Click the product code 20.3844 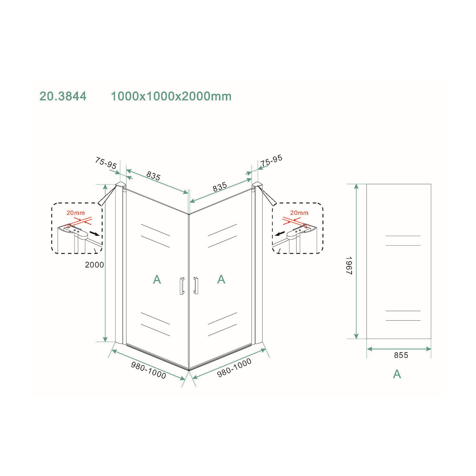tap(63, 96)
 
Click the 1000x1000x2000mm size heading tap(171, 96)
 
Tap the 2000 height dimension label tap(94, 265)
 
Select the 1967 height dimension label tap(349, 265)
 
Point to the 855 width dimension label tap(401, 355)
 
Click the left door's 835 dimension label tap(154, 176)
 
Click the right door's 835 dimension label tap(220, 187)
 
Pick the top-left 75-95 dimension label tap(106, 163)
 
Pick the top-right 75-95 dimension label tap(271, 161)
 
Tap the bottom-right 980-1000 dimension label tap(234, 368)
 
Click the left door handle tap(182, 286)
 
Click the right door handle tap(196, 286)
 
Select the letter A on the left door tap(157, 280)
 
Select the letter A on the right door tap(221, 279)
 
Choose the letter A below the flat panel tap(397, 374)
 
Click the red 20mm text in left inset tap(76, 213)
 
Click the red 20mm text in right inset tap(299, 213)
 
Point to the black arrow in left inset tap(94, 234)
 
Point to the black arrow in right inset tap(280, 234)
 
